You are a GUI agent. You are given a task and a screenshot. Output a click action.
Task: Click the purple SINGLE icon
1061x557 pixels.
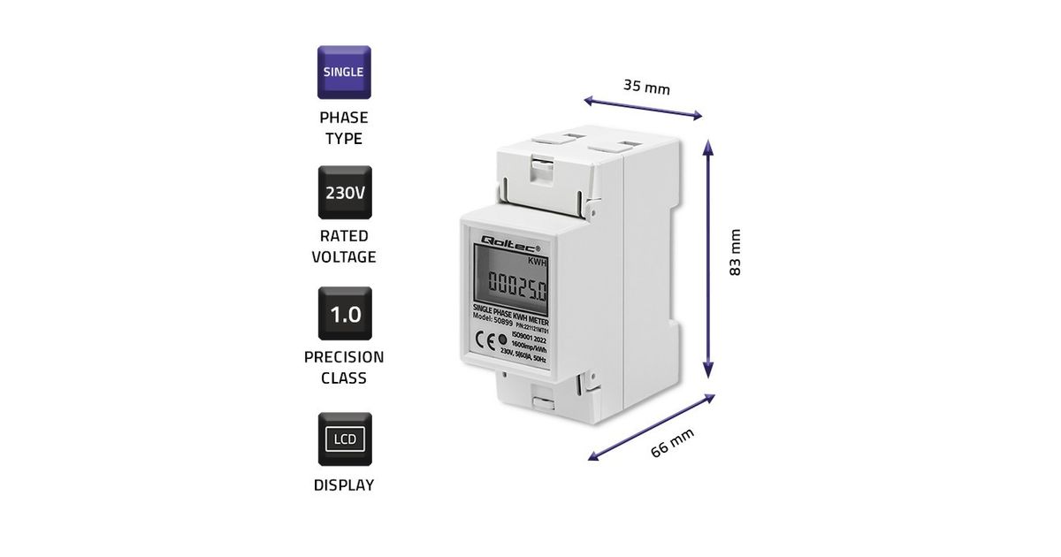[344, 72]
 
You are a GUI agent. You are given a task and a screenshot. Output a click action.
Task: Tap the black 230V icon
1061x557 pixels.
[345, 192]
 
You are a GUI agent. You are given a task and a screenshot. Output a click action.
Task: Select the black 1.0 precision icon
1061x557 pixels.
[345, 313]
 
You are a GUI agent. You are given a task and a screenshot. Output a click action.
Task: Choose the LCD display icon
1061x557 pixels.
[345, 439]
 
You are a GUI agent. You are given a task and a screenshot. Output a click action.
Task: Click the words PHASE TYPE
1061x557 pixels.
[344, 128]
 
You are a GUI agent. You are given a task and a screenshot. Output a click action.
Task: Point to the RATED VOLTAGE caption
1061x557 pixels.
[344, 247]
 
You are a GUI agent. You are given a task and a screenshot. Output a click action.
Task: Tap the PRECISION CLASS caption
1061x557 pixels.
[344, 368]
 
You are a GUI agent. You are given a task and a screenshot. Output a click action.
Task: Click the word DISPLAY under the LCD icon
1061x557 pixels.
[344, 485]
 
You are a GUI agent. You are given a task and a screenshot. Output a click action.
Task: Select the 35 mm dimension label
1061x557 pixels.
[646, 87]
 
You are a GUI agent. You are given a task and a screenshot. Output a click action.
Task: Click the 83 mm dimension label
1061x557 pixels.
[735, 253]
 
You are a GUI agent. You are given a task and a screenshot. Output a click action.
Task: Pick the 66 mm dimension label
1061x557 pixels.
[672, 441]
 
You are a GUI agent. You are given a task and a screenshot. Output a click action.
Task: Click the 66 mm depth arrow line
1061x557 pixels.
[652, 427]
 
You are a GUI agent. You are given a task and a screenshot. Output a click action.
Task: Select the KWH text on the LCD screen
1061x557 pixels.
[538, 262]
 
